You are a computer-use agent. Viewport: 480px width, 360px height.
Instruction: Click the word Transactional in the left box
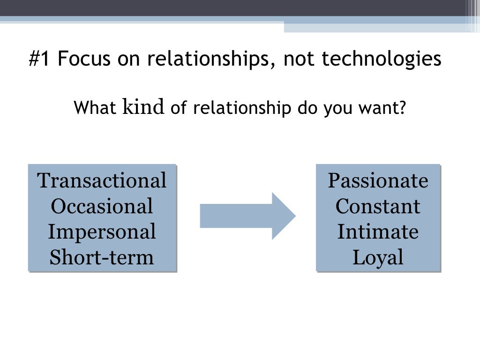[x=102, y=180]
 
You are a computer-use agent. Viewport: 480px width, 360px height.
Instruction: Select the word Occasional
[x=102, y=206]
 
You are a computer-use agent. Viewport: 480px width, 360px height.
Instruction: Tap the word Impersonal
[x=102, y=232]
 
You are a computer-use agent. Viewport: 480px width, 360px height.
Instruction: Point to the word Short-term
[x=102, y=257]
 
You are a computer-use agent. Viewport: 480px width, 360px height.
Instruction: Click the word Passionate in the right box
[x=378, y=180]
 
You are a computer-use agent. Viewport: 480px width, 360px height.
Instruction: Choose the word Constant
[x=378, y=206]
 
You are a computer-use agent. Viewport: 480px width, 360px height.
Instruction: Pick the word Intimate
[x=378, y=232]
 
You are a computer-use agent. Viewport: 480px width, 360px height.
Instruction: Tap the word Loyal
[x=378, y=257]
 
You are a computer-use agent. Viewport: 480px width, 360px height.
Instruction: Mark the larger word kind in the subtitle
[x=143, y=107]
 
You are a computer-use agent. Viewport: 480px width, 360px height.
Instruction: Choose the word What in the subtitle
[x=95, y=108]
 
